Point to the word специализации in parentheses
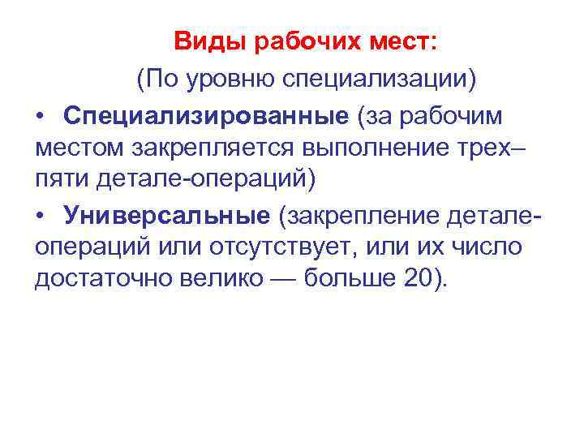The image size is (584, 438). click(377, 79)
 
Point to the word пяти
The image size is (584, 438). click(61, 178)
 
